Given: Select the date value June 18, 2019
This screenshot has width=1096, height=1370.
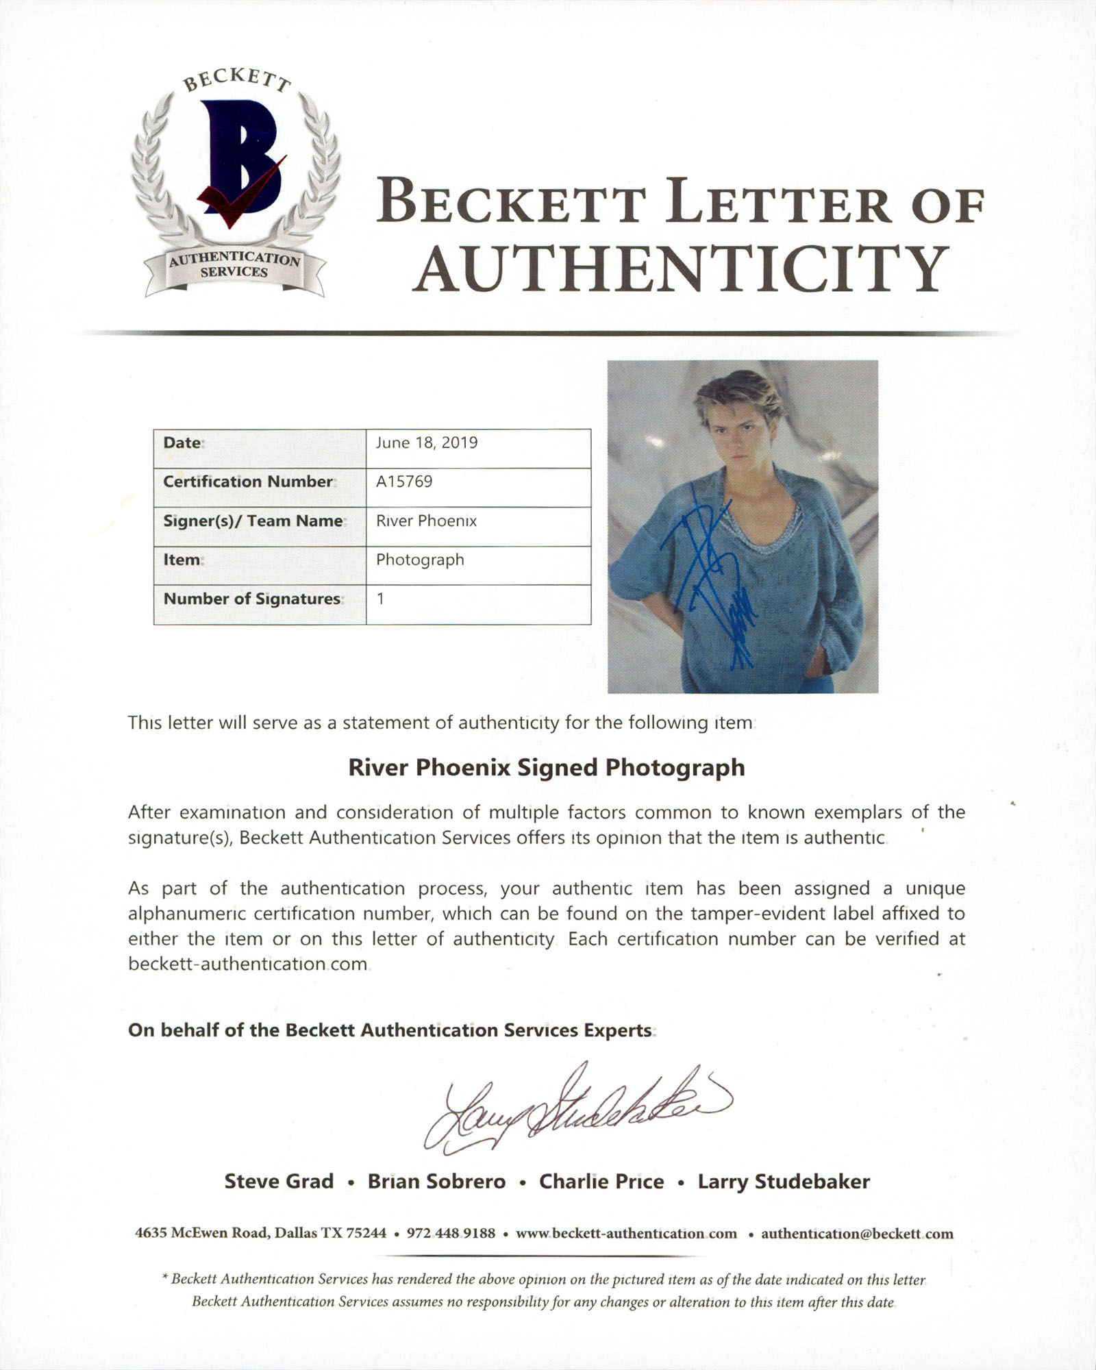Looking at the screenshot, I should tap(427, 443).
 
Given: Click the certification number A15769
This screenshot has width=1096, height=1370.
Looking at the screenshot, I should tap(404, 482).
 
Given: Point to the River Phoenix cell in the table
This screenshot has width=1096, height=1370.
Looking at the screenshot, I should tap(426, 521).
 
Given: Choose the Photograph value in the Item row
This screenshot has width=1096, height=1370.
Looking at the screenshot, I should tap(420, 560).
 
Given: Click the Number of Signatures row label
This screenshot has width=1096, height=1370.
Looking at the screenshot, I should tap(251, 599).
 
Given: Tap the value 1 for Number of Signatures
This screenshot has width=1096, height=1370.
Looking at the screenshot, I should tap(381, 599).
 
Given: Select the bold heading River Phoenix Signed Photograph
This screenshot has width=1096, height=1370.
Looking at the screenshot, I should tap(547, 767).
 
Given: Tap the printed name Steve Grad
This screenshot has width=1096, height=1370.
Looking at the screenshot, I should tap(279, 1182).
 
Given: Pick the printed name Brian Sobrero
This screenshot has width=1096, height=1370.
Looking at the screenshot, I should tap(437, 1182).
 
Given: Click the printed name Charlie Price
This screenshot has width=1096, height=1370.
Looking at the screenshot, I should tap(601, 1182).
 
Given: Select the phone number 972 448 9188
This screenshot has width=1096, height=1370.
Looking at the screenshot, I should tap(451, 1234).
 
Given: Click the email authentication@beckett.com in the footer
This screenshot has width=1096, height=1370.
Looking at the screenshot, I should tap(857, 1234).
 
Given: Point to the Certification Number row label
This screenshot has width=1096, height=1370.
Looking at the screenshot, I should tap(247, 482).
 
